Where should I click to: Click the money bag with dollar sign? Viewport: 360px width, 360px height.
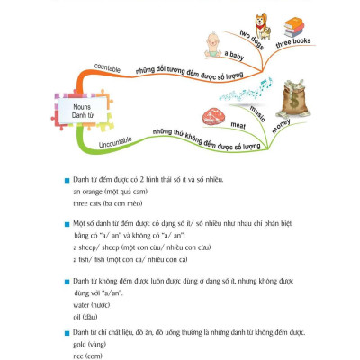tap(298, 96)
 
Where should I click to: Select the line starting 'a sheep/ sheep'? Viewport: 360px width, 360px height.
tap(132, 247)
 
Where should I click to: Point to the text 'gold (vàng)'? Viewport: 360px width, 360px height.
tap(86, 344)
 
